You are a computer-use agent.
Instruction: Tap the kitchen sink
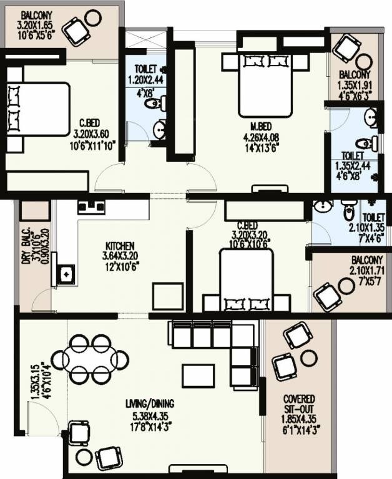tap(64, 273)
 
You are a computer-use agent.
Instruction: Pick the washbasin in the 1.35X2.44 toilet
tap(371, 117)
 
